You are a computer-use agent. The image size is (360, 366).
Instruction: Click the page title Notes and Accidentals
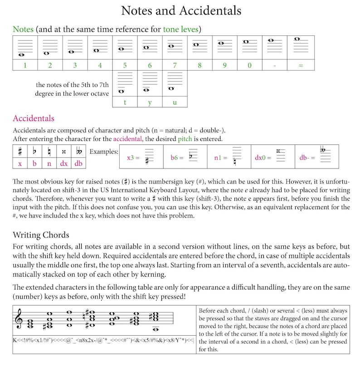[x=181, y=10]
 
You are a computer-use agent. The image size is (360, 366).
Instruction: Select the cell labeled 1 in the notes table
[x=25, y=65]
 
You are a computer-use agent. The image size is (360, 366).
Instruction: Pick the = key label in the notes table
[x=300, y=65]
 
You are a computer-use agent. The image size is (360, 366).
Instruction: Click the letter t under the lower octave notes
[x=125, y=102]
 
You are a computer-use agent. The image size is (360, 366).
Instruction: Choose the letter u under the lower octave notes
[x=175, y=102]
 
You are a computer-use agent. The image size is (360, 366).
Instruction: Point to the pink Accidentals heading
[x=34, y=119]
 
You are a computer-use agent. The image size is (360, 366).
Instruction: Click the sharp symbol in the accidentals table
[x=20, y=151]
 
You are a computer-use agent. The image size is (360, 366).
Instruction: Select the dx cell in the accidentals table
[x=64, y=164]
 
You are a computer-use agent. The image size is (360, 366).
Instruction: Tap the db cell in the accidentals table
[x=78, y=164]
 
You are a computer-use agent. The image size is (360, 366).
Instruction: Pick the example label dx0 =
[x=263, y=158]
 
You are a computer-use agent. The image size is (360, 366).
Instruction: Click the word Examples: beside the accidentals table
[x=104, y=151]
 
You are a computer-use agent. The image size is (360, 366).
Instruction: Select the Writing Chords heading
[x=41, y=235]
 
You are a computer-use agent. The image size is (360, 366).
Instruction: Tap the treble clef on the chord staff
[x=19, y=320]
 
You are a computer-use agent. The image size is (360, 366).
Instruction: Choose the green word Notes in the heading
[x=23, y=29]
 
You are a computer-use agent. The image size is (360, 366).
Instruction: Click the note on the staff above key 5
[x=121, y=49]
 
